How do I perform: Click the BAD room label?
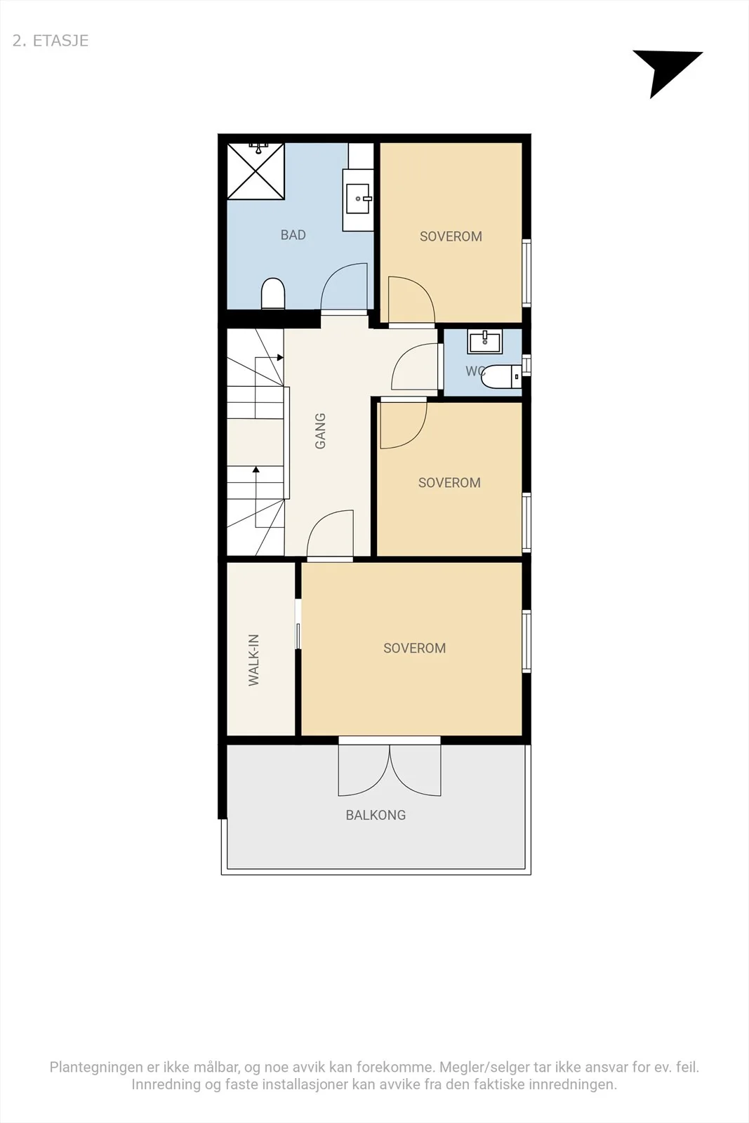[x=293, y=234]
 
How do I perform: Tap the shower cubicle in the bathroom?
[x=256, y=171]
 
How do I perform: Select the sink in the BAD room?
[x=358, y=199]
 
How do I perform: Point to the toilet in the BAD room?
[x=273, y=293]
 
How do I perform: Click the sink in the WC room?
[x=484, y=341]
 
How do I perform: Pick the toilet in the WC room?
[x=501, y=376]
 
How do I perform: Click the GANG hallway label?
[x=320, y=431]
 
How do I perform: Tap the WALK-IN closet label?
[x=253, y=660]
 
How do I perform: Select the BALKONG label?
[x=376, y=815]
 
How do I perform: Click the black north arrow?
[x=663, y=70]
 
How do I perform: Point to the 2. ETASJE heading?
[x=51, y=41]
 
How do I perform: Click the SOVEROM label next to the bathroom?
[x=451, y=236]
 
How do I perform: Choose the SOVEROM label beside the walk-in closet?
[x=415, y=648]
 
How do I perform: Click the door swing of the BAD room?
[x=344, y=288]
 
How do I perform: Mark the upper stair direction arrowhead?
[x=280, y=357]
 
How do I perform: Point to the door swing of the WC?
[x=415, y=366]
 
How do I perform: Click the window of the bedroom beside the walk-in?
[x=526, y=642]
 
